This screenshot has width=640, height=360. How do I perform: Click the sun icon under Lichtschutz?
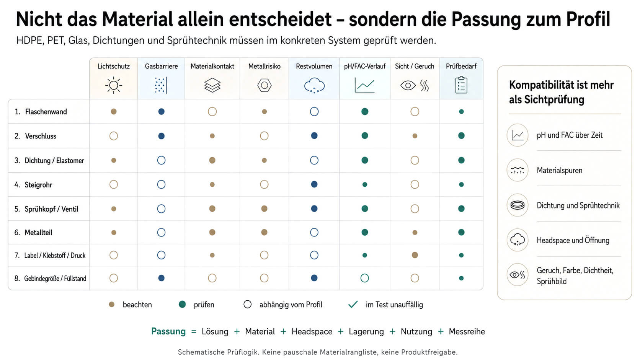113,85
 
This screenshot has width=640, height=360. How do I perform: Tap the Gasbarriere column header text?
161,66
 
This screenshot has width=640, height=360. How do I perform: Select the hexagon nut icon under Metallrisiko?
264,85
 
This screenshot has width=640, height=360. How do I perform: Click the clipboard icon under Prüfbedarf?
461,85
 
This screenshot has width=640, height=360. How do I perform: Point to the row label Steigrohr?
38,185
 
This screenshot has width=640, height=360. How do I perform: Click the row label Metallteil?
38,232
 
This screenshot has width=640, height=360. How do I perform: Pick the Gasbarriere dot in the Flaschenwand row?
161,112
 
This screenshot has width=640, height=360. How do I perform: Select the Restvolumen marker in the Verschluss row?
314,135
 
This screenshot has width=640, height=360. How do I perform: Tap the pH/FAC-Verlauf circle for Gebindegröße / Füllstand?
364,278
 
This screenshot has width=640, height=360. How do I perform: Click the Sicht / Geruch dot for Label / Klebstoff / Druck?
415,255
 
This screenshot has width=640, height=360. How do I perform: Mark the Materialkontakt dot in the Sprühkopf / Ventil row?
212,209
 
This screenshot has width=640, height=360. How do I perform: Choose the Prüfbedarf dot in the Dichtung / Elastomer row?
461,160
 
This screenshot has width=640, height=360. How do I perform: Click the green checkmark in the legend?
353,304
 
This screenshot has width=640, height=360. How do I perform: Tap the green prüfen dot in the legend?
182,304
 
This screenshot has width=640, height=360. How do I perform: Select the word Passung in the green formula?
168,331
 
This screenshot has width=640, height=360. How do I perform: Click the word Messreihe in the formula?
467,331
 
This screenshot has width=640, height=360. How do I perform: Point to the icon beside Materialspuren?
517,170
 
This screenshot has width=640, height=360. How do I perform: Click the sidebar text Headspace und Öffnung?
573,240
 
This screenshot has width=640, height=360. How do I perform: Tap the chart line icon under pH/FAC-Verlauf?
364,85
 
